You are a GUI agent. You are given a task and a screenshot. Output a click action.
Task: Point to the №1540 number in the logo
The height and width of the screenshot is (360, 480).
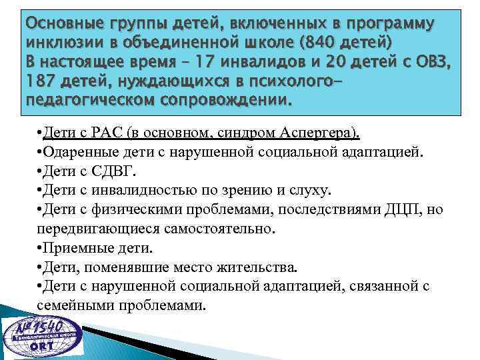(46, 326)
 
